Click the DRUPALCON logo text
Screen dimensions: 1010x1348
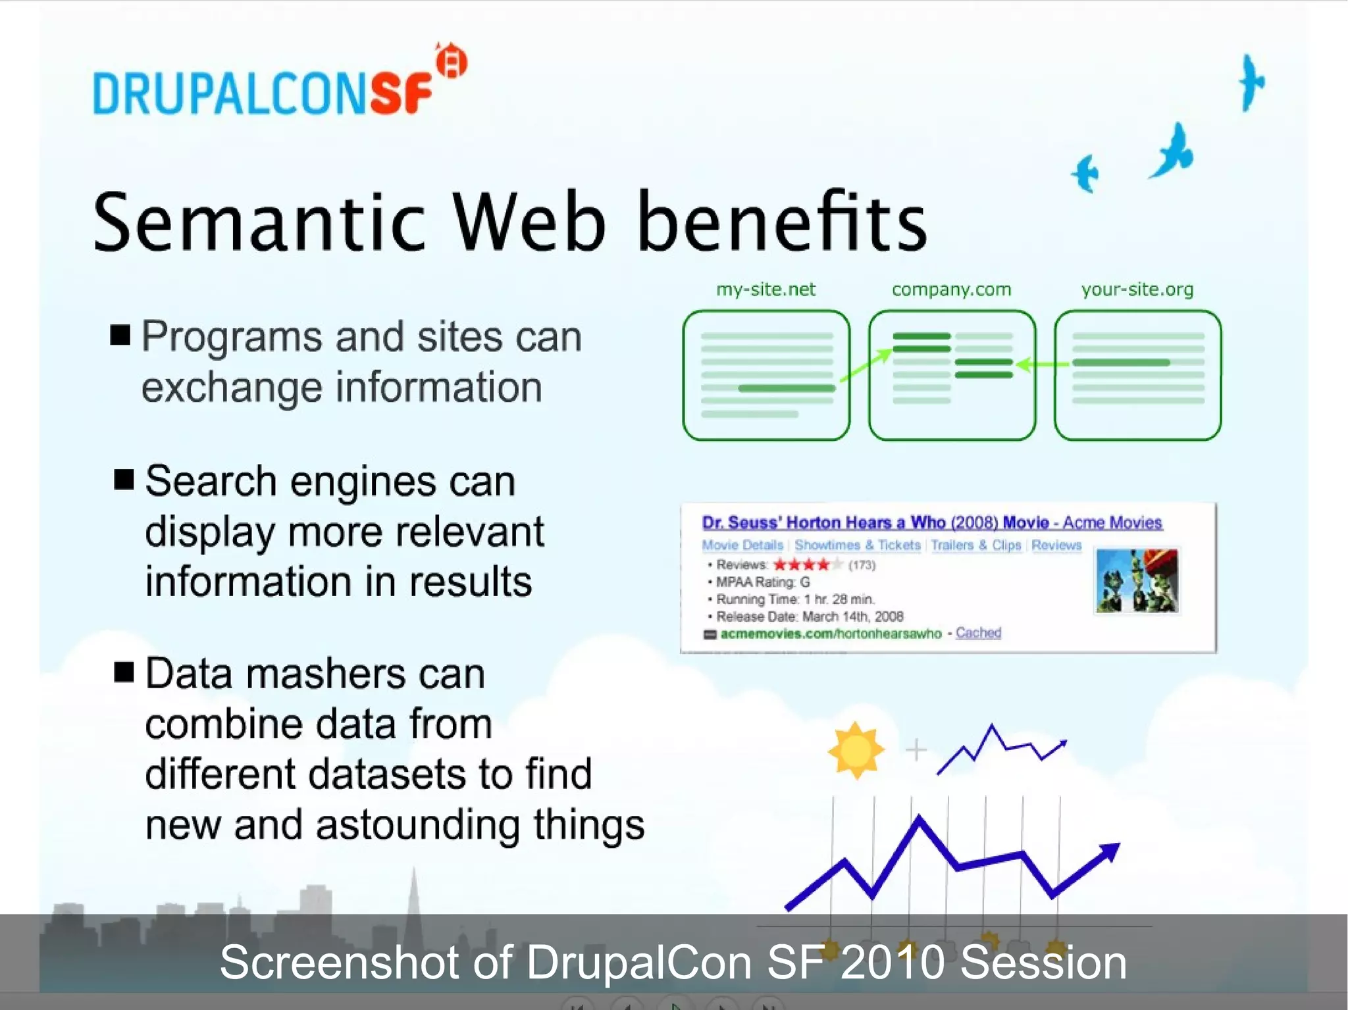point(230,93)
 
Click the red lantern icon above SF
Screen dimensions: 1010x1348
point(452,62)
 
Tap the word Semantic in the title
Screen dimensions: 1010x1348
point(260,222)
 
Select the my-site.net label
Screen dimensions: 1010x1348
point(765,290)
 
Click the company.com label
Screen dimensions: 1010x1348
point(951,290)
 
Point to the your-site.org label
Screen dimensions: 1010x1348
point(1137,290)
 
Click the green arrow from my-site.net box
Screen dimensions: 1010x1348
point(866,365)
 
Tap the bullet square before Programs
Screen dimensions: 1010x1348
point(120,335)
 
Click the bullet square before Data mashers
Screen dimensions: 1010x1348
point(124,672)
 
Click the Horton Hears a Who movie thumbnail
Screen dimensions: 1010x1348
point(1136,581)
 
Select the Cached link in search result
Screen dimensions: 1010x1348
point(978,633)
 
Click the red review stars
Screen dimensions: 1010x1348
point(801,565)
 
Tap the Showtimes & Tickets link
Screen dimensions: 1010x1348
point(857,545)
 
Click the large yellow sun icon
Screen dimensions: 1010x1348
point(855,750)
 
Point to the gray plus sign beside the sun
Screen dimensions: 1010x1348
point(916,750)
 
